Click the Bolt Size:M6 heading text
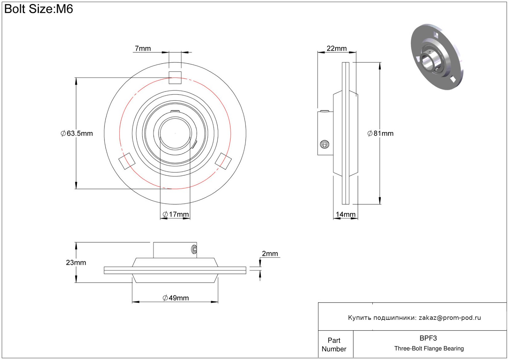pyautogui.click(x=39, y=9)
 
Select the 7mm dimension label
pyautogui.click(x=143, y=49)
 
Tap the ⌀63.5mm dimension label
pyautogui.click(x=77, y=133)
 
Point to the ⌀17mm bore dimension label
pyautogui.click(x=176, y=214)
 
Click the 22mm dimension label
pyautogui.click(x=337, y=49)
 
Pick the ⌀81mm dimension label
pyautogui.click(x=380, y=133)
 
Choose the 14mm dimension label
pyautogui.click(x=346, y=214)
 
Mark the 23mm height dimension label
pyautogui.click(x=76, y=262)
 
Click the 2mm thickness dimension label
pyautogui.click(x=270, y=253)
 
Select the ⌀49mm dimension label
pyautogui.click(x=176, y=298)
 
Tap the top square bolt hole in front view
pyautogui.click(x=175, y=78)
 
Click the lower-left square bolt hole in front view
pyautogui.click(x=127, y=161)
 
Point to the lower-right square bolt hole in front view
pyautogui.click(x=223, y=161)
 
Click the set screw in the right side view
pyautogui.click(x=324, y=145)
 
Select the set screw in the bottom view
pyautogui.click(x=194, y=250)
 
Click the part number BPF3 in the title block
pyautogui.click(x=428, y=338)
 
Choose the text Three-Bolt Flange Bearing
pyautogui.click(x=429, y=348)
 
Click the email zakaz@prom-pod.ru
pyautogui.click(x=450, y=318)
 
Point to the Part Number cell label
pyautogui.click(x=334, y=345)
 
